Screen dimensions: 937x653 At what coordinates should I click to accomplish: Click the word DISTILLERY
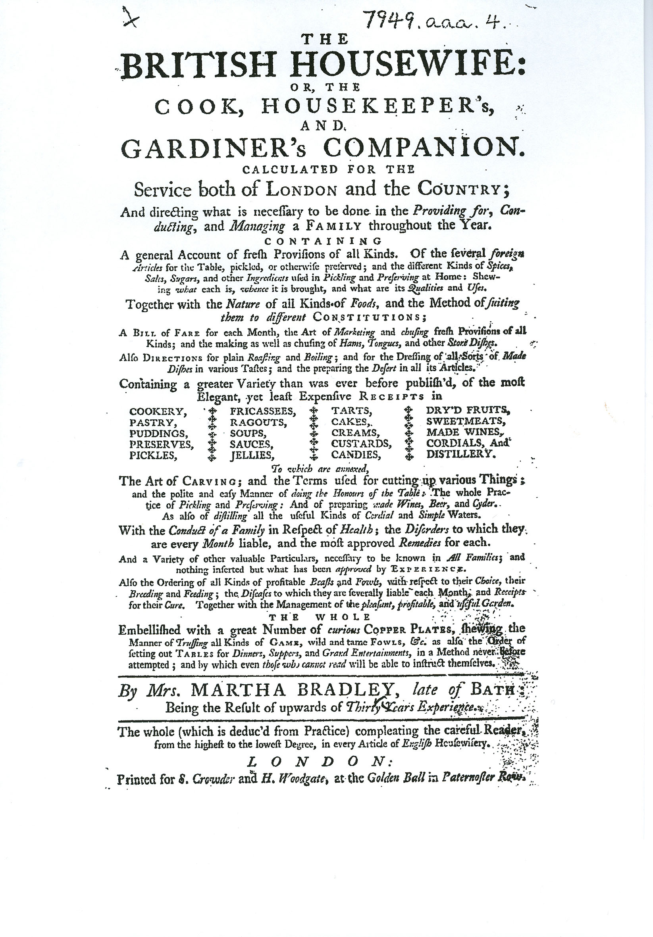click(462, 454)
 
